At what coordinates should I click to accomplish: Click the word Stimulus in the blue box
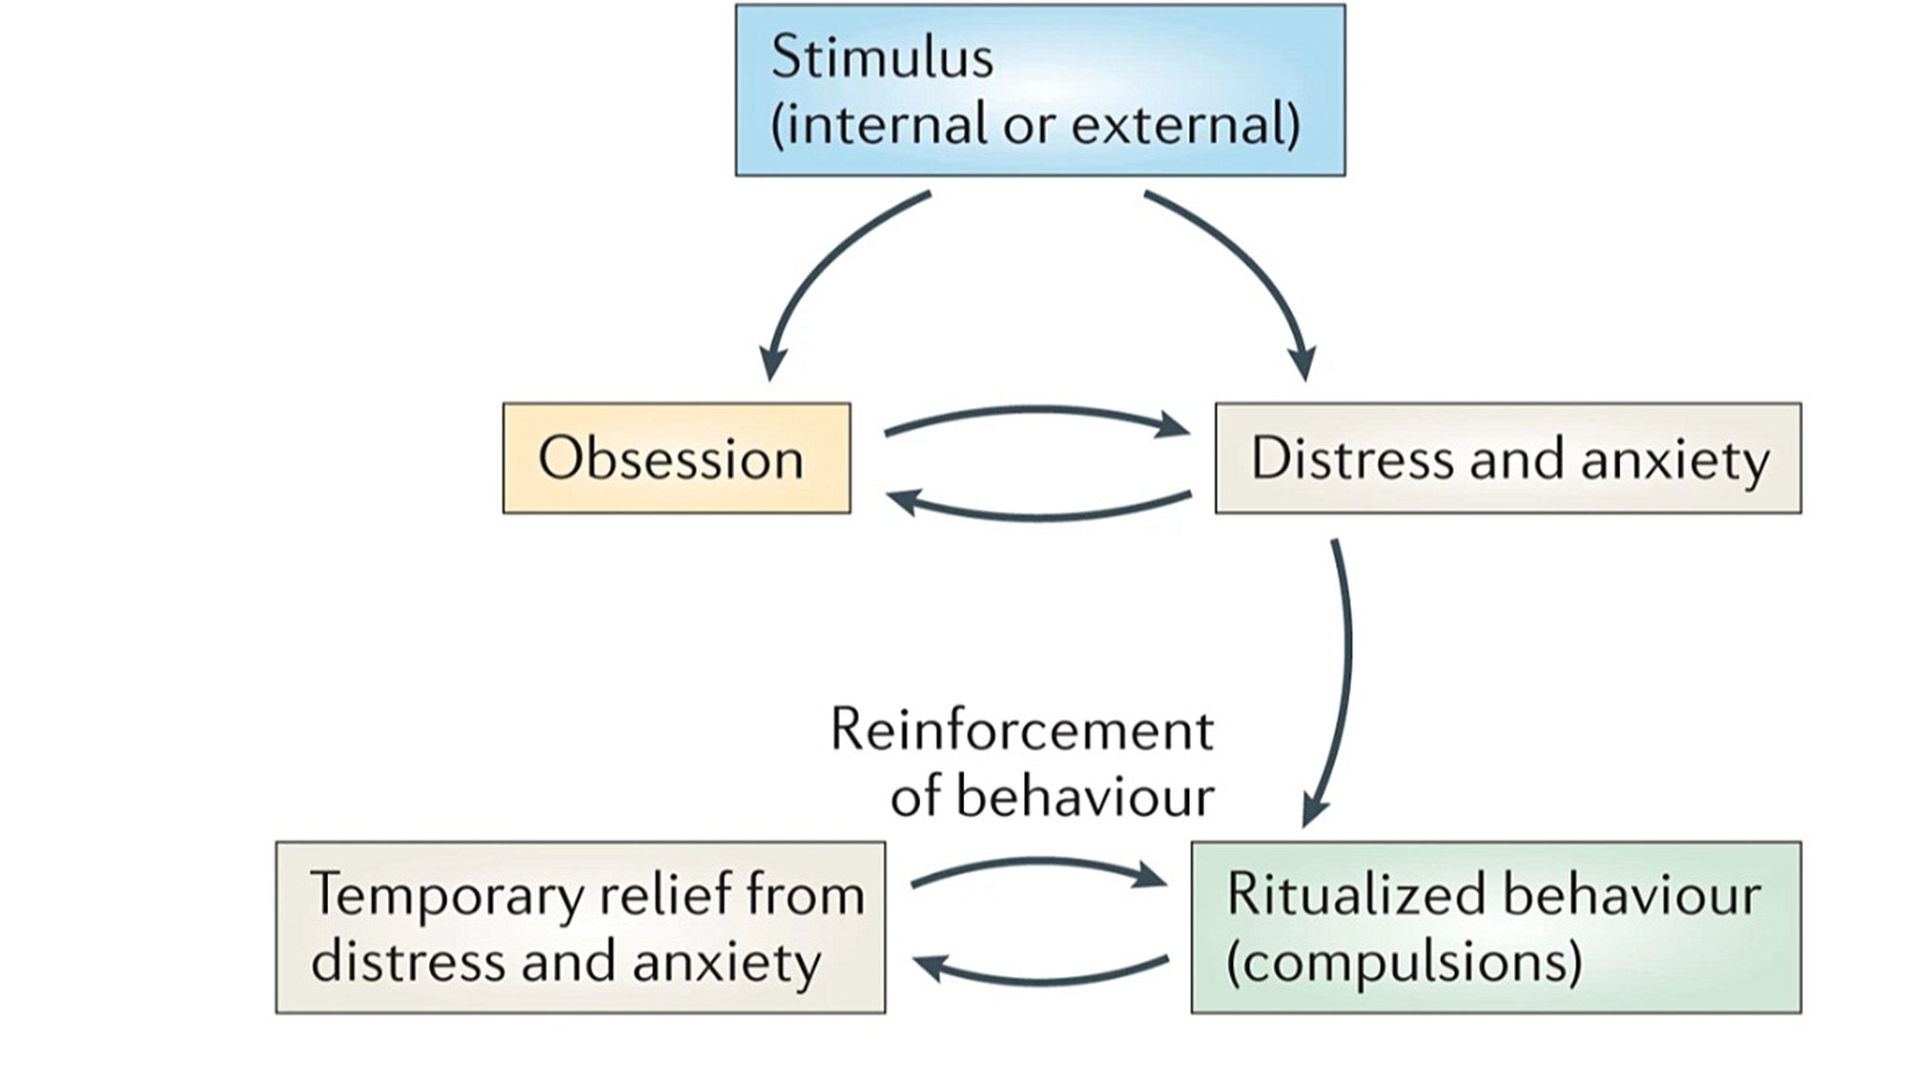tap(882, 57)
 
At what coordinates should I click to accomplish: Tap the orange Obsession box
tap(676, 458)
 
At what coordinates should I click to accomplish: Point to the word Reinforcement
tap(1021, 730)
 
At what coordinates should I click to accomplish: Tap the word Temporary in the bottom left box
tap(445, 895)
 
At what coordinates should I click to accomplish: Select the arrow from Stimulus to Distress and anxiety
tap(1249, 267)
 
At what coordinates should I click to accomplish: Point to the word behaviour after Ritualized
tap(1631, 895)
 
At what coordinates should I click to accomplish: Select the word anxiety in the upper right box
tap(1675, 460)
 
